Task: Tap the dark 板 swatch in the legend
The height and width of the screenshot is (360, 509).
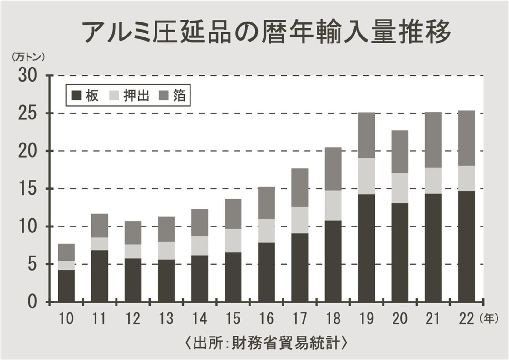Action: [76, 95]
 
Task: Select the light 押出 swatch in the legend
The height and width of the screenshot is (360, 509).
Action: [114, 95]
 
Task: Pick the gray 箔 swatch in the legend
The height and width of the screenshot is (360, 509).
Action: [164, 95]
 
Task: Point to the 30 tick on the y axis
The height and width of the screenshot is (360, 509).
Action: [27, 76]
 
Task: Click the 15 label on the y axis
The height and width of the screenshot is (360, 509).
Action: [27, 189]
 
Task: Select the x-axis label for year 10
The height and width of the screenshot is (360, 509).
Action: [66, 319]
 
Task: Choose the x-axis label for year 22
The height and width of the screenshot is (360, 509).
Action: [467, 319]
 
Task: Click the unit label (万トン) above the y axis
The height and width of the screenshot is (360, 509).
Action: [28, 57]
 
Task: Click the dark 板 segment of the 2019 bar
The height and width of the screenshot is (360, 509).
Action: [367, 248]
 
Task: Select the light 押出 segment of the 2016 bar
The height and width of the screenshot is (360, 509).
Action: [266, 231]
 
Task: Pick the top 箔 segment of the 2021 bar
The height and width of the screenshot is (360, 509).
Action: [433, 140]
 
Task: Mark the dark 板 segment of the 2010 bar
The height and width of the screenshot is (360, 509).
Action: [66, 286]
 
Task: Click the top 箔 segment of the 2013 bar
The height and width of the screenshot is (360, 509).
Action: [166, 229]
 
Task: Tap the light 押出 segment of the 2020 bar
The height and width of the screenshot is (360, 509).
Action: [400, 188]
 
